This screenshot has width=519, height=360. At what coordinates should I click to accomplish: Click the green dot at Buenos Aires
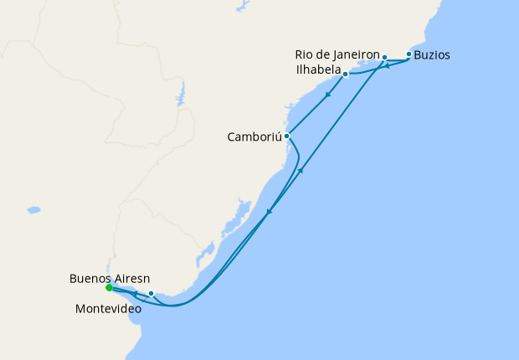pyautogui.click(x=109, y=288)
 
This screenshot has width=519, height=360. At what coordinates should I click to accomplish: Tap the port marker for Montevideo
pyautogui.click(x=151, y=293)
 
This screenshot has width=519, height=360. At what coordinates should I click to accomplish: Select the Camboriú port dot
pyautogui.click(x=286, y=136)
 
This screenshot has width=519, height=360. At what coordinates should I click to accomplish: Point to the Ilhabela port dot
pyautogui.click(x=345, y=75)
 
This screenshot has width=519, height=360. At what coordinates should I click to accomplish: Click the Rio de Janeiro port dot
pyautogui.click(x=384, y=58)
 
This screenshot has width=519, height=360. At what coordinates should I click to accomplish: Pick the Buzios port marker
pyautogui.click(x=409, y=54)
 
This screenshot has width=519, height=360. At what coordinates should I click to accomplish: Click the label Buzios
pyautogui.click(x=432, y=55)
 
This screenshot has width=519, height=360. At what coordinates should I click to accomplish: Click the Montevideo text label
pyautogui.click(x=108, y=308)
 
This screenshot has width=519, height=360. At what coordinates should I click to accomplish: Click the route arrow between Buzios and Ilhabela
pyautogui.click(x=388, y=66)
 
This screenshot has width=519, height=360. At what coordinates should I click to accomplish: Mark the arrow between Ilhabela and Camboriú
pyautogui.click(x=327, y=94)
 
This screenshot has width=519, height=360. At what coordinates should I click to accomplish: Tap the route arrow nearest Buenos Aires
pyautogui.click(x=135, y=294)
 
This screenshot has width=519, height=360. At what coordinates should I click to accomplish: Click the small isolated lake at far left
pyautogui.click(x=33, y=209)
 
